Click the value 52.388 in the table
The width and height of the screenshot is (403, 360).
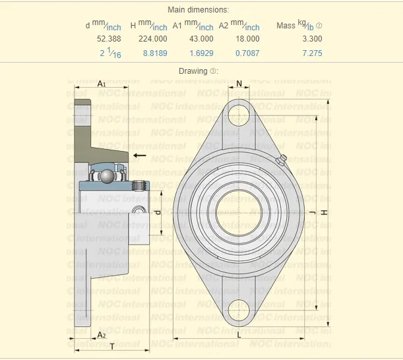110,39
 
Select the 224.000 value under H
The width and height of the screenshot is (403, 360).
152,39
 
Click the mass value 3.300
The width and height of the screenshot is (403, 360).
312,39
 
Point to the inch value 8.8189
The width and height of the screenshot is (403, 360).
154,53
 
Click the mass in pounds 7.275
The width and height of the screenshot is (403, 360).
312,53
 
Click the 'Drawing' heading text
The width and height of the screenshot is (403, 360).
193,71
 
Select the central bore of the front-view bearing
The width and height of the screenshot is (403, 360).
239,213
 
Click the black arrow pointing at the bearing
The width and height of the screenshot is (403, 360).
139,155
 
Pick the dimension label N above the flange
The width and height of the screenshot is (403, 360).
239,84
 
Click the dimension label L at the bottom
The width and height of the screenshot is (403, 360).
239,335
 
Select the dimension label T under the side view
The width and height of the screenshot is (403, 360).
112,346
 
